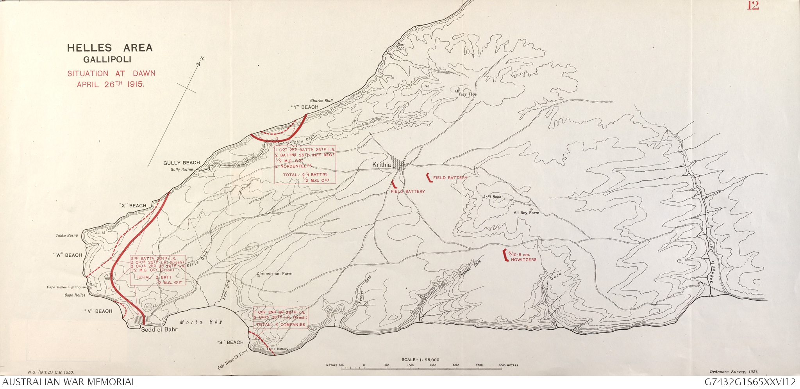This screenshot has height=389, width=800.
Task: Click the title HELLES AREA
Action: (110, 48)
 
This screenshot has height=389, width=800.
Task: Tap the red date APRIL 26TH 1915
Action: (111, 84)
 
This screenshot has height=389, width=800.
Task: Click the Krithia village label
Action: (381, 165)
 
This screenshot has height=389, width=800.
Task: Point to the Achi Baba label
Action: (492, 197)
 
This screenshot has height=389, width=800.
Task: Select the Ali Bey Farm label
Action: (526, 213)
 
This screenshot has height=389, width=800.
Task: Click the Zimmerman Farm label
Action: (274, 274)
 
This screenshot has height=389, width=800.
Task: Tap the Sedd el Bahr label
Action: (159, 330)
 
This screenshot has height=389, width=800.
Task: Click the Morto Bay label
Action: (201, 322)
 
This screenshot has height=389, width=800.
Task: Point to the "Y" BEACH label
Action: (305, 107)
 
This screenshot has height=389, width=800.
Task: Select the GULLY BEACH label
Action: (181, 163)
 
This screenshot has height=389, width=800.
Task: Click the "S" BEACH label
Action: (230, 343)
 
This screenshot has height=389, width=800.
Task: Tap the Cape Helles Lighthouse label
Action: (66, 287)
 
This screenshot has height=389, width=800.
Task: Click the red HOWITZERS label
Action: (523, 259)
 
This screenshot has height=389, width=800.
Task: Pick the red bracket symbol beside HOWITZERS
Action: (505, 254)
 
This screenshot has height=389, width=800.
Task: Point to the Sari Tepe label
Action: (401, 46)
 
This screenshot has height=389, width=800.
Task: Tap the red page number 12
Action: (753, 6)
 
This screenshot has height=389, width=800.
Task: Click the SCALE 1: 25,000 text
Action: (420, 360)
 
